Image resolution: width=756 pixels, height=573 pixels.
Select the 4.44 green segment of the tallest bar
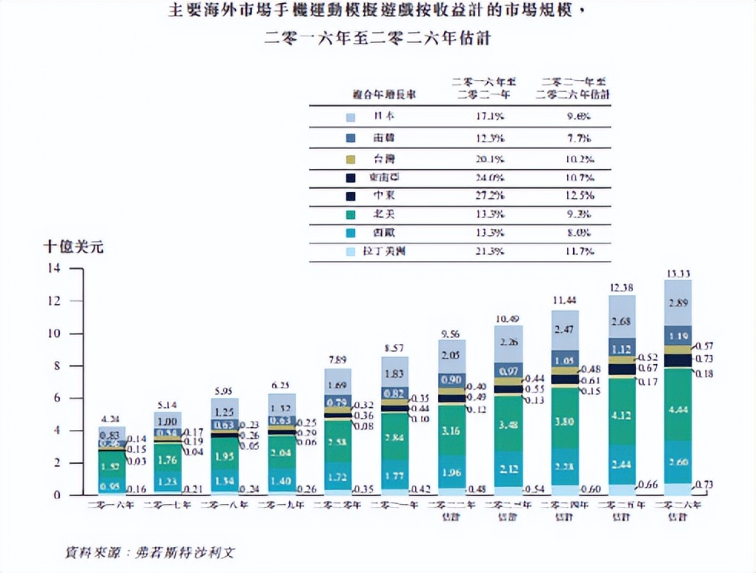coord(678,409)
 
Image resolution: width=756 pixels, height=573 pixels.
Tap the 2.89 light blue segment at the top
coord(678,304)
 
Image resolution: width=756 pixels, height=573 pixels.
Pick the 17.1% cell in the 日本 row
coord(489,117)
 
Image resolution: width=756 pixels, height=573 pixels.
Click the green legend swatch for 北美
coord(350,214)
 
